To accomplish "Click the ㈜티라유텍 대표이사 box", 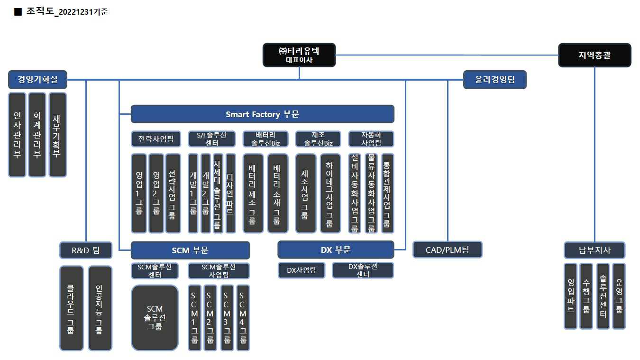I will click(299, 55).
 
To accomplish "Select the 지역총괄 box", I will click(594, 55).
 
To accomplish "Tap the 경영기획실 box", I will click(37, 80).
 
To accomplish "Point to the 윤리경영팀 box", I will click(494, 80).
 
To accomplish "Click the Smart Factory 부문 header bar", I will click(262, 114).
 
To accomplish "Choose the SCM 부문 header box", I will click(190, 250).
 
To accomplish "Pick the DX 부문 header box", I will click(336, 249).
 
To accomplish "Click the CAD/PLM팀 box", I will click(447, 249).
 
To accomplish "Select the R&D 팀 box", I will click(86, 250).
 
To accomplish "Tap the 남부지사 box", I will click(594, 250).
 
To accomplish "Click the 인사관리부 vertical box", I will click(17, 135).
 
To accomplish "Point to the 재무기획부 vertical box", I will click(57, 135).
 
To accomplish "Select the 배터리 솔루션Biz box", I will click(265, 139).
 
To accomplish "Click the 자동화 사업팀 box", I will click(371, 139).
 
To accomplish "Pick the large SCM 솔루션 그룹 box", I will click(155, 317).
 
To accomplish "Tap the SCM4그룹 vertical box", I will click(243, 317).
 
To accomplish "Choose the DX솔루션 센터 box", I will click(363, 270).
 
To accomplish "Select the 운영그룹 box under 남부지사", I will click(619, 296).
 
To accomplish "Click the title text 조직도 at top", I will click(40, 12).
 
